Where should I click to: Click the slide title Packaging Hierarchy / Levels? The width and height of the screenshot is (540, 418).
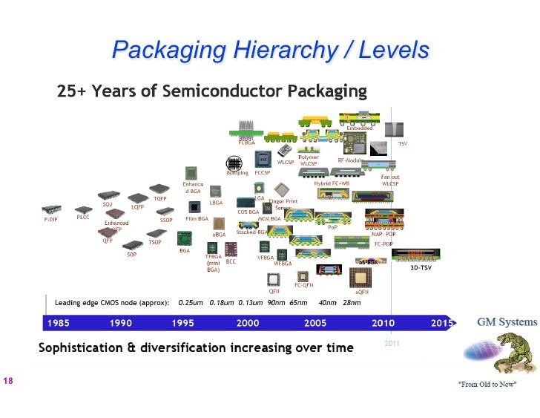click(270, 50)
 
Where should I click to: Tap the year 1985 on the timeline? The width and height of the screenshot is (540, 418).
click(59, 323)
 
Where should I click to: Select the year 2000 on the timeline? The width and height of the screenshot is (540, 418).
click(247, 323)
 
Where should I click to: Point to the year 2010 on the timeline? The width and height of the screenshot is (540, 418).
click(383, 323)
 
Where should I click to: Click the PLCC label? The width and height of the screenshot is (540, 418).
click(83, 217)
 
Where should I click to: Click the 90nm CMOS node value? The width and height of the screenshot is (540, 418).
click(276, 303)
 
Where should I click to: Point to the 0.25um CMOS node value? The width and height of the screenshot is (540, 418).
click(191, 303)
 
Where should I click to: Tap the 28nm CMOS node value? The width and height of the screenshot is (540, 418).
click(352, 303)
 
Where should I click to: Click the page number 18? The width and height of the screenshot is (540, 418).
click(9, 381)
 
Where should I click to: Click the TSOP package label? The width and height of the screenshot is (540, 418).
click(154, 242)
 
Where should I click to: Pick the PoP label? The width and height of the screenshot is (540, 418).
click(332, 228)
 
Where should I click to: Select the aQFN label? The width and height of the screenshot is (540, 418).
click(362, 292)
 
